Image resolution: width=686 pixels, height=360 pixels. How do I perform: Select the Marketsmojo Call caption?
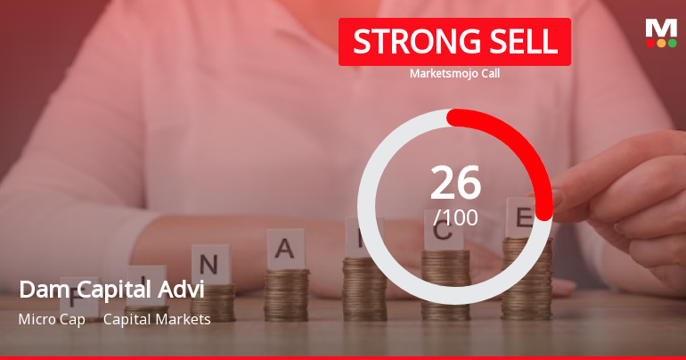pyautogui.click(x=454, y=74)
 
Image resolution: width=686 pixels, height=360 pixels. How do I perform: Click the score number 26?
pyautogui.click(x=455, y=183)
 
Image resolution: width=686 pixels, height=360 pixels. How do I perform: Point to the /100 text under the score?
pyautogui.click(x=455, y=217)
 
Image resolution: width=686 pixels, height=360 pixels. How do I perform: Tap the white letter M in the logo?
pyautogui.click(x=660, y=28)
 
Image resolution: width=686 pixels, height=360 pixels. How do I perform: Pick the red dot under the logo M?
pyautogui.click(x=650, y=43)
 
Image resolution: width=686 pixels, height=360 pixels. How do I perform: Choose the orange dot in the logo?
pyautogui.click(x=661, y=43)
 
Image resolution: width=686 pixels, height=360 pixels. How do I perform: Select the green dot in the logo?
pyautogui.click(x=671, y=43)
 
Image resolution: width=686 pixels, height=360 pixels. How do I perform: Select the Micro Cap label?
pyautogui.click(x=52, y=319)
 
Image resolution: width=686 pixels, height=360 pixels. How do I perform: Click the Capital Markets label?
pyautogui.click(x=157, y=319)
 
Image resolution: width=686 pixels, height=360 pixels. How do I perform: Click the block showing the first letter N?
pyautogui.click(x=209, y=263)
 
